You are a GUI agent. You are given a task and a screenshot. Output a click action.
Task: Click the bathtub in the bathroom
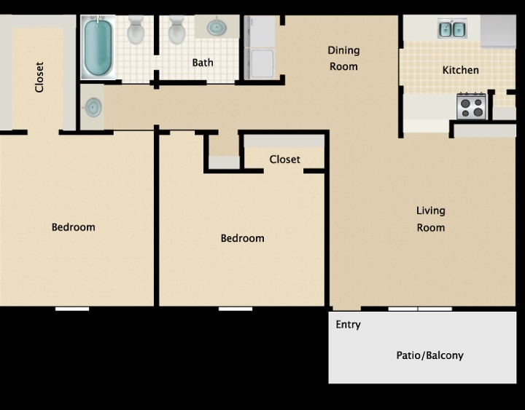pos(98,47)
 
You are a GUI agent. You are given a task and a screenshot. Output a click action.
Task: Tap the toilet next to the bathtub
pos(136,31)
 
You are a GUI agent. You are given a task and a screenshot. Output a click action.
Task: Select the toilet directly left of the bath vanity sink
pos(176,31)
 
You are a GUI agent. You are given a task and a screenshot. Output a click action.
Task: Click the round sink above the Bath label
pos(217,28)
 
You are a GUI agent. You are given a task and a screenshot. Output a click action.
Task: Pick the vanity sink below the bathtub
pos(93,108)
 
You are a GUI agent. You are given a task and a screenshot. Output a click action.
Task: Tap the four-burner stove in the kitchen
pos(471,106)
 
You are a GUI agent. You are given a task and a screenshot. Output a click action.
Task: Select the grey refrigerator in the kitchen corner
pos(498,31)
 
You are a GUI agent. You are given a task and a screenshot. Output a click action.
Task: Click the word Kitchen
pos(461,70)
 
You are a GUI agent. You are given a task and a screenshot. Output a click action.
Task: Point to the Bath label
pos(203,63)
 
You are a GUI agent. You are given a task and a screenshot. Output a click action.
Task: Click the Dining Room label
pos(343,58)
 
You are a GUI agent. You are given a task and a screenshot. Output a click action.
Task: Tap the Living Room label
pos(430,218)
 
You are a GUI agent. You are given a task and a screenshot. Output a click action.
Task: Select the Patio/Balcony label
pos(429,355)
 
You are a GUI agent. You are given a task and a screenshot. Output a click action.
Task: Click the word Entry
pos(348,325)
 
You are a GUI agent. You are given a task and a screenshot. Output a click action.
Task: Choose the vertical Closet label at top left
pos(39,76)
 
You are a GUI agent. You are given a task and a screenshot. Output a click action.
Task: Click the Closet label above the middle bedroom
pos(284,159)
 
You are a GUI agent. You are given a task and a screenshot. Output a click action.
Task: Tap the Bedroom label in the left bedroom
pos(73,227)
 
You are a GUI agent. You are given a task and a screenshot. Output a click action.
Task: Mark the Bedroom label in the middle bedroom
pos(242,238)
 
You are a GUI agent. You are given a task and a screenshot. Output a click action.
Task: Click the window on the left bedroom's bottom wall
pos(72,309)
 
